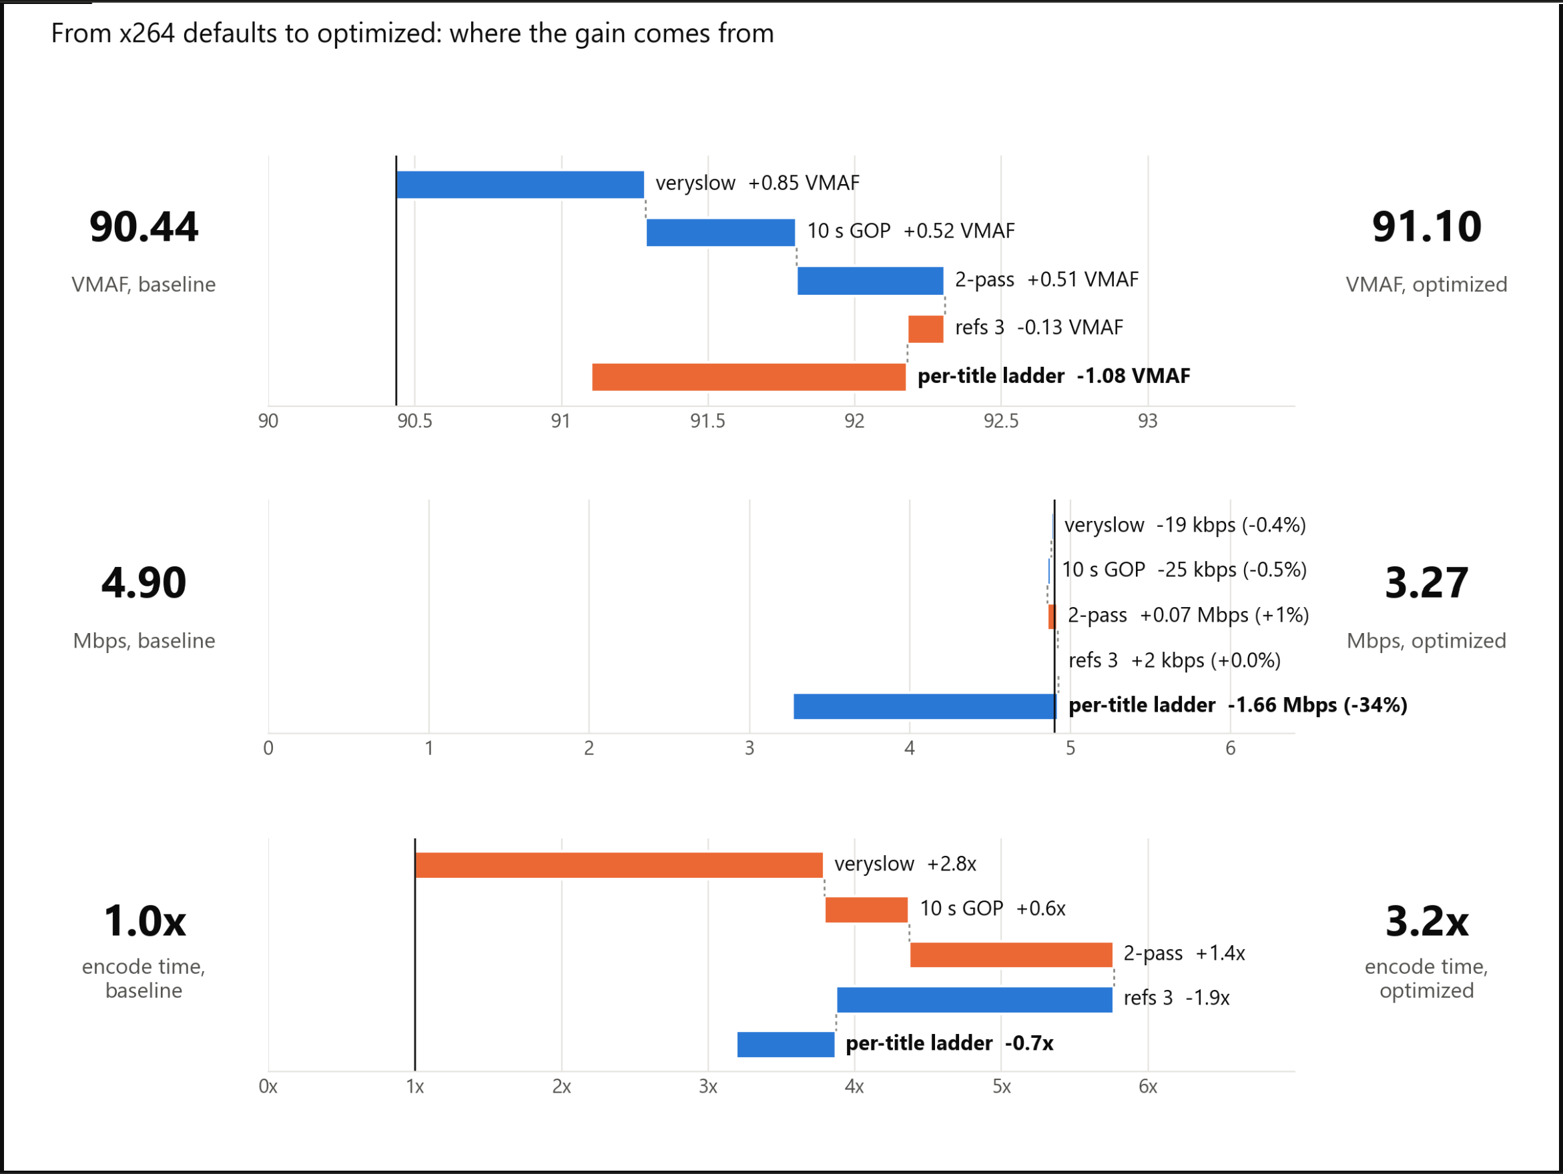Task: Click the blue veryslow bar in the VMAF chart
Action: [520, 184]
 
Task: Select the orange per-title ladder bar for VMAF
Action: [749, 376]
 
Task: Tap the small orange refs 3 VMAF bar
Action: [926, 328]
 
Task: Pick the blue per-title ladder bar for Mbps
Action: [925, 706]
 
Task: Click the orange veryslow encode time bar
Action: [619, 864]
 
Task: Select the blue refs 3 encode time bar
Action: [974, 999]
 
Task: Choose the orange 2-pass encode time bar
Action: [1011, 955]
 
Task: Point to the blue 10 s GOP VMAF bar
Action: [721, 232]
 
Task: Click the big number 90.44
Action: [144, 227]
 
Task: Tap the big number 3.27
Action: [1427, 583]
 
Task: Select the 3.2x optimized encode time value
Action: [1427, 921]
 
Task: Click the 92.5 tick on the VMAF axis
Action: [1001, 421]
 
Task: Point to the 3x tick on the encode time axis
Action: [708, 1087]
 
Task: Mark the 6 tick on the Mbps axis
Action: [1230, 748]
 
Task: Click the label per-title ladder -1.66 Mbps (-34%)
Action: [1238, 705]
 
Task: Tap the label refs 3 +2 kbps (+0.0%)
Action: [1175, 660]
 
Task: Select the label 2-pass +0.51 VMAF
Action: [1046, 279]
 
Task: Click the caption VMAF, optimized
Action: [1427, 284]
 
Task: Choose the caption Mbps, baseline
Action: [144, 640]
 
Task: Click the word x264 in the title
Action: [147, 33]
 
